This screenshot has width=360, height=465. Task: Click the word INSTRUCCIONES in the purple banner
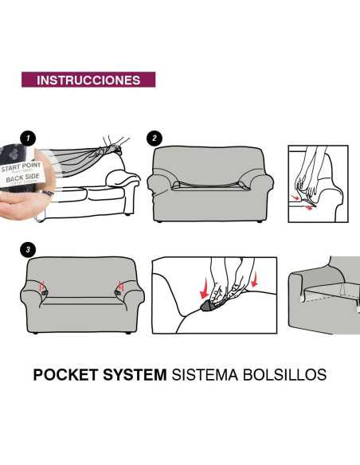pos(88,80)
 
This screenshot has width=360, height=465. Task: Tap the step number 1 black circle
pos(29,139)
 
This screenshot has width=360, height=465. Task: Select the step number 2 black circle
pos(154,139)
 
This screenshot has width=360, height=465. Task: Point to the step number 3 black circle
pos(29,250)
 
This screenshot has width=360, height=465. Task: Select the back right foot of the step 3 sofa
pos(126,334)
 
